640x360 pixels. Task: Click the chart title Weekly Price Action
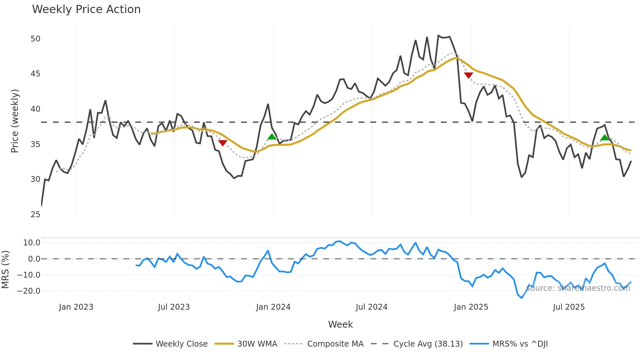coord(86,9)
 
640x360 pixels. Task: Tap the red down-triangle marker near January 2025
coord(468,75)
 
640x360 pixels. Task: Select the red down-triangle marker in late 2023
coord(222,143)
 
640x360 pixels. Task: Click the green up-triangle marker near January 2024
coord(272,137)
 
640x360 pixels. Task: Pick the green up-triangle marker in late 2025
coord(605,138)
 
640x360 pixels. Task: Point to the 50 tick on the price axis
coord(35,39)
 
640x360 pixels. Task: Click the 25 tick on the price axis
coord(35,215)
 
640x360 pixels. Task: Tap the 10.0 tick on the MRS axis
coord(32,243)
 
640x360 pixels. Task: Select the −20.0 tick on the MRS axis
coord(29,291)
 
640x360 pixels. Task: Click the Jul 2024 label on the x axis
coord(371,307)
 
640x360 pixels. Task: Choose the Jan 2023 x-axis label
coord(76,307)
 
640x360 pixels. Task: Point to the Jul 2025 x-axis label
coord(568,307)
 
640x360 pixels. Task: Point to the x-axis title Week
coord(340,324)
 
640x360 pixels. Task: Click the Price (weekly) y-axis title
coord(15,121)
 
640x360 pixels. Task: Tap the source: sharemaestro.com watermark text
coord(578,288)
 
